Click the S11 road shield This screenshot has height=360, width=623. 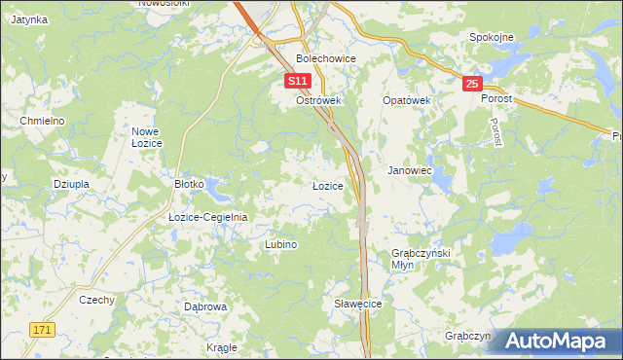coord(299,83)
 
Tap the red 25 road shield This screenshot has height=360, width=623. coord(472,85)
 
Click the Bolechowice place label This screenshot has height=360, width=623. coord(326,58)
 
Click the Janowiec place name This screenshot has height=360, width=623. coord(410,170)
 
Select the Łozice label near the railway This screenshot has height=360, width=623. coord(327,185)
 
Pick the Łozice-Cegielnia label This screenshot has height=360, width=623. coord(208,217)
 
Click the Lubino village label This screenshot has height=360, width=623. coord(280,244)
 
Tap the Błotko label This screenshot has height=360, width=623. coord(189,183)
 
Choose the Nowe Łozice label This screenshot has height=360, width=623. coord(146,136)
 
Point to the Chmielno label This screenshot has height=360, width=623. coord(42,120)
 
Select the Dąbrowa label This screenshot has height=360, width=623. coord(205,306)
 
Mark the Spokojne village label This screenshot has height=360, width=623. coord(491,37)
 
